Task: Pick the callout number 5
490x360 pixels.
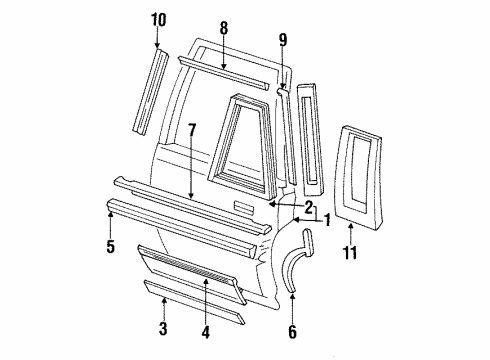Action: pos(291,331)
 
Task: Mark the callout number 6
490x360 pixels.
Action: pos(291,331)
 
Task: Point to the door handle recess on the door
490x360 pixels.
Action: pos(244,208)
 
